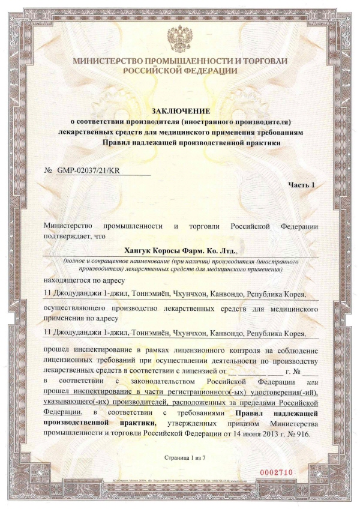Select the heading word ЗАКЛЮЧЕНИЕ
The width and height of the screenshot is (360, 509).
180,111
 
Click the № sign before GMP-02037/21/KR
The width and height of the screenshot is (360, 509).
49,170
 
